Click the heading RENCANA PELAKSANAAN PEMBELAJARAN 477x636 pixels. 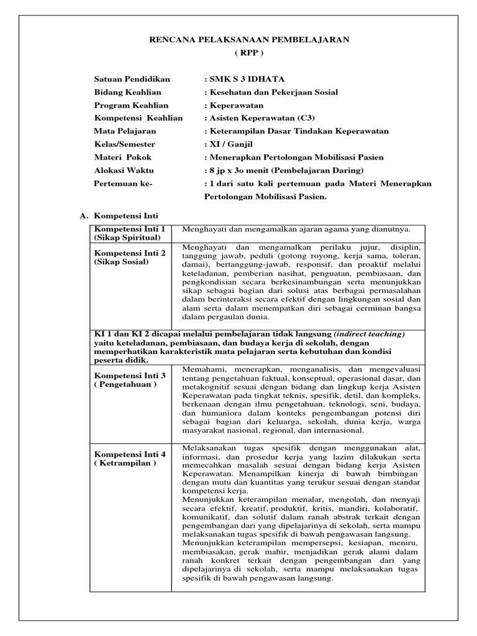coord(249,40)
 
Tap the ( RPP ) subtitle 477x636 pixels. coord(248,53)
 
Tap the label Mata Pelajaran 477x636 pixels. coord(125,131)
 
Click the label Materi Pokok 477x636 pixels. coord(123,157)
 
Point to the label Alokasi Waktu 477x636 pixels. coord(124,170)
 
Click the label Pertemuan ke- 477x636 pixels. coord(123,183)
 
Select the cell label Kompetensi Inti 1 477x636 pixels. coord(129,229)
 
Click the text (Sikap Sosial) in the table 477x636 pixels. coord(122,262)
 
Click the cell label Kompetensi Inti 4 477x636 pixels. coord(129,454)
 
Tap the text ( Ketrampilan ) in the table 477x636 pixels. coord(125,463)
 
